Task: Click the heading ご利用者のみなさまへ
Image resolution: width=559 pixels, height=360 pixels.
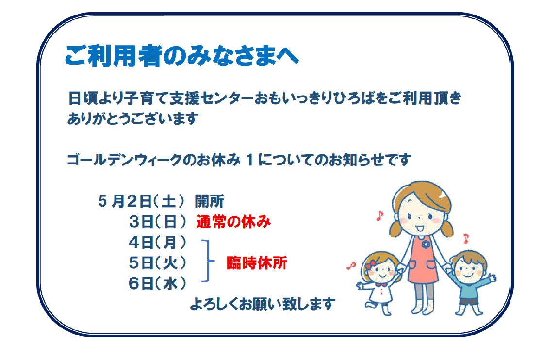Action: pos(182,56)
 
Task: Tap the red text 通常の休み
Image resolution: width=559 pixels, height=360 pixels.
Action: pos(233,222)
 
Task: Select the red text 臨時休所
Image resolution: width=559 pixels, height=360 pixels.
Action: pos(257,263)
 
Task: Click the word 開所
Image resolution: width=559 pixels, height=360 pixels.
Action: pos(209,201)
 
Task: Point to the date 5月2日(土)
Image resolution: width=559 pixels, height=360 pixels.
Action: pos(142,201)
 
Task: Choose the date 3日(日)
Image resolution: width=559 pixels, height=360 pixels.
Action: pos(158,222)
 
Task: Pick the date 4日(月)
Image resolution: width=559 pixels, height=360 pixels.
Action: pos(158,243)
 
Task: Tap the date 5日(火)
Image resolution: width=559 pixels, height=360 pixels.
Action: pos(158,263)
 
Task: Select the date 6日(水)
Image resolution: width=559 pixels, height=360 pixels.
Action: pos(158,284)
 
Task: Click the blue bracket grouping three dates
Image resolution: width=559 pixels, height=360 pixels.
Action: pos(209,262)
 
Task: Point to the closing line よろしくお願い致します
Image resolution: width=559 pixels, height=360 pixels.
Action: pos(263,304)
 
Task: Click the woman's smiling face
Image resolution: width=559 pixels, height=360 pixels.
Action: pos(421,215)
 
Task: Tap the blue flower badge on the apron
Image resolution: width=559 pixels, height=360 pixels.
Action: pos(426,245)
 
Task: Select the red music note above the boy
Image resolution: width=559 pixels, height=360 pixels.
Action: pos(466,238)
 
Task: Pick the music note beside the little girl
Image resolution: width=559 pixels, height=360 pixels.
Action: pos(351,265)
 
